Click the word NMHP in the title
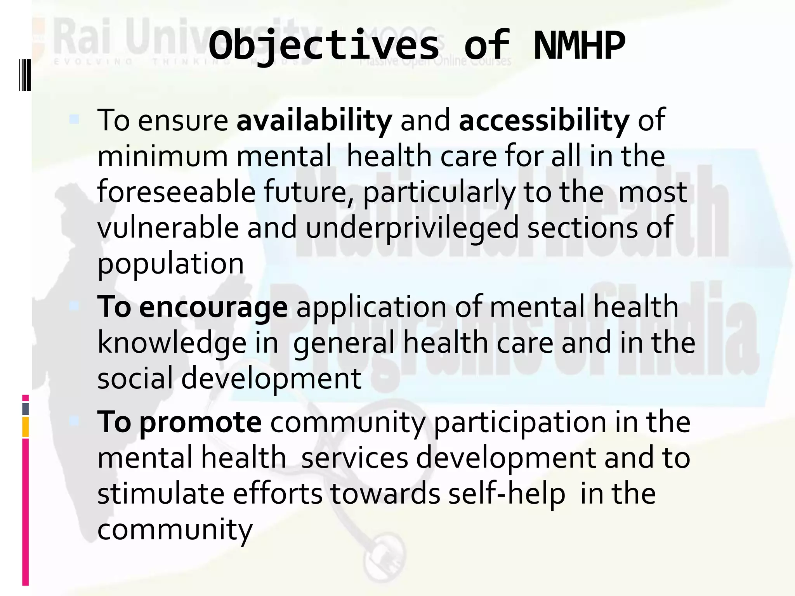coord(579,46)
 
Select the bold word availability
coord(314,120)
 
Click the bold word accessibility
coord(544,120)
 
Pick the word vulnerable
coord(168,228)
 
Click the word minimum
coord(162,156)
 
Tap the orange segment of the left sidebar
coord(25,427)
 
